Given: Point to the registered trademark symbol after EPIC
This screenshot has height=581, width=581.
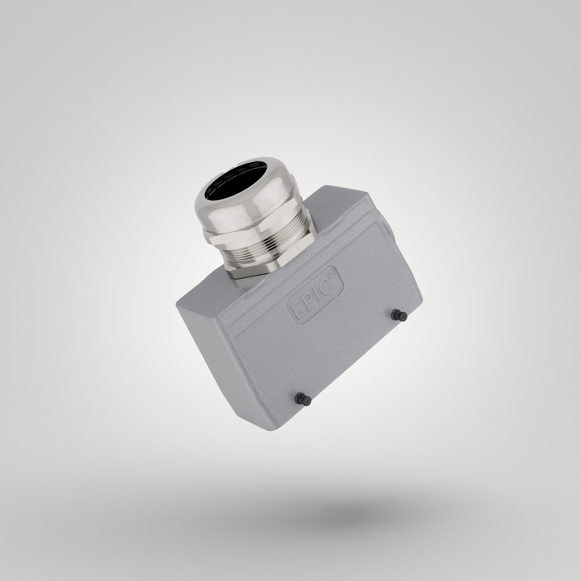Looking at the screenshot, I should point(334,270).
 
